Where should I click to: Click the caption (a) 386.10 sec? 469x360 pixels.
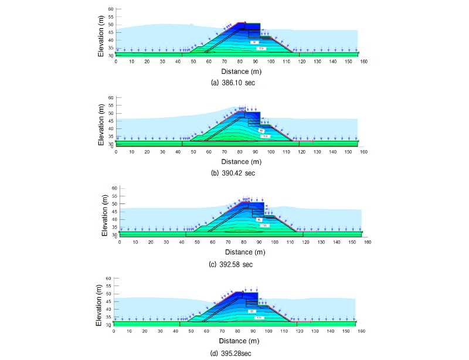(233, 83)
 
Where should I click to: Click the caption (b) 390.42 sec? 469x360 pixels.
(233, 174)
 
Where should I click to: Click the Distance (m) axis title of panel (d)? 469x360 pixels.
(237, 341)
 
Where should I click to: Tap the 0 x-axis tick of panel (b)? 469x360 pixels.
(116, 151)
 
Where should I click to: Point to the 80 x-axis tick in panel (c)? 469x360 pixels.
(243, 242)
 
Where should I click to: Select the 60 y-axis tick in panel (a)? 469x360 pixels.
(110, 10)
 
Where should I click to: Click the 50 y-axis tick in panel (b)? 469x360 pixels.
(110, 113)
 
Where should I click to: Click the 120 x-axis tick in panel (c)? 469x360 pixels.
(304, 242)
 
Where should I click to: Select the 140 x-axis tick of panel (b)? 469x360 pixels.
(332, 151)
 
